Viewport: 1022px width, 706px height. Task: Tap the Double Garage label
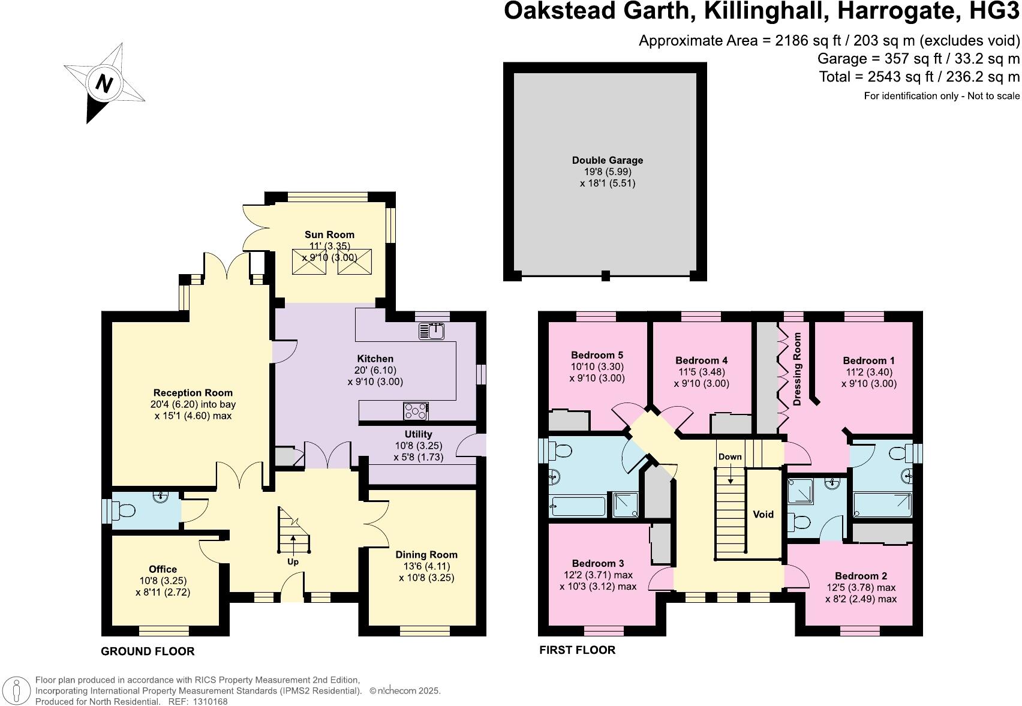tap(607, 160)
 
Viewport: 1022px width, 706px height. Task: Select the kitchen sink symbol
tap(432, 330)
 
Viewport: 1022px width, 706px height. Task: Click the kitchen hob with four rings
tap(416, 411)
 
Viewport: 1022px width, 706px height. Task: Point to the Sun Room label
tap(329, 235)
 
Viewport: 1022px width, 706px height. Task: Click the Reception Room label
tap(193, 393)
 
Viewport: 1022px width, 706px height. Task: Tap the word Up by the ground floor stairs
tap(293, 561)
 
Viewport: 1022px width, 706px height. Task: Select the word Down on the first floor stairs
tap(730, 456)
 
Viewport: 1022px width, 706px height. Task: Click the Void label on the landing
tap(763, 514)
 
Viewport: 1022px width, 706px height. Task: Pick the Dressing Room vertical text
tap(797, 369)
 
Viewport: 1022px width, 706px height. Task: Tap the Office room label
tap(163, 569)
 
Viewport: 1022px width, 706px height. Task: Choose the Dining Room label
tap(426, 555)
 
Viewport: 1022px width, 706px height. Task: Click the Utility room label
tap(418, 434)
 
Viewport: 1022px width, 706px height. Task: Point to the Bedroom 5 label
tap(597, 355)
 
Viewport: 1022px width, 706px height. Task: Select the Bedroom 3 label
tap(597, 563)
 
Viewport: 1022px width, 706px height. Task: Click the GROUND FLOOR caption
tap(148, 651)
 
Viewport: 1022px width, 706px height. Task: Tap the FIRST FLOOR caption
tap(577, 650)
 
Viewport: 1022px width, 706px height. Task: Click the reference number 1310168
tap(207, 701)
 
